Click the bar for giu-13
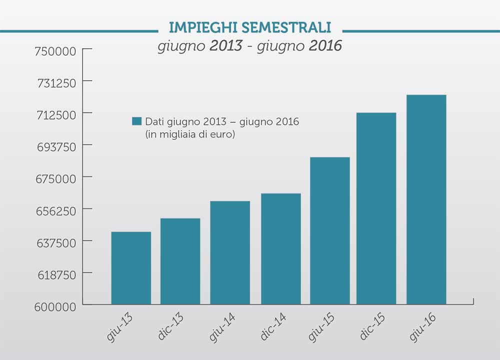point(131,268)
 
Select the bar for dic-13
point(180,261)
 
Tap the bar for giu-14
point(230,252)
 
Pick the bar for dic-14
point(280,248)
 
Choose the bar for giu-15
point(330,230)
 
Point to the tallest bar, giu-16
point(426,199)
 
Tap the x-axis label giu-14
point(223,327)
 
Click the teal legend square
point(136,121)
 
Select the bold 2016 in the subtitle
point(325,46)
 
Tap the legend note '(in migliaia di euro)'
point(190,134)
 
